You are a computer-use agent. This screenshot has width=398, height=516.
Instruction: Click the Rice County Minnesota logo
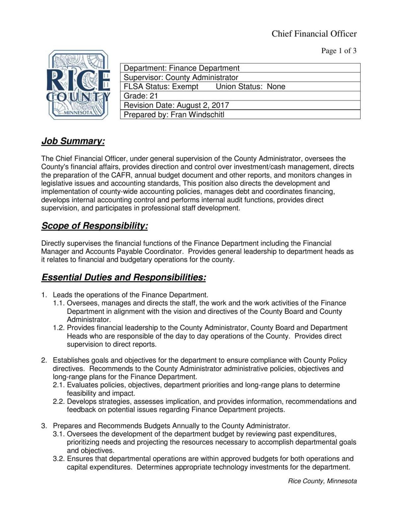[79, 85]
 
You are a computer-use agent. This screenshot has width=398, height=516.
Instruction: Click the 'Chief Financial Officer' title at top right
[314, 34]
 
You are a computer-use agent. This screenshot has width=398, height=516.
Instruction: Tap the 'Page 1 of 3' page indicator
[339, 51]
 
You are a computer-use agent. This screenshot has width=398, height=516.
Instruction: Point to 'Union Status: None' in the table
[250, 87]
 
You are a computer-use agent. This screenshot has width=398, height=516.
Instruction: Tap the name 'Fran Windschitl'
[197, 115]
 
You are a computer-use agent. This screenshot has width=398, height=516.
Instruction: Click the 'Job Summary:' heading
[73, 141]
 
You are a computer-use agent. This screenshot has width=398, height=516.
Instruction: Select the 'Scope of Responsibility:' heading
[95, 226]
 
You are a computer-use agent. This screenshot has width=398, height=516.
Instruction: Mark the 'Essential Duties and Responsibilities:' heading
[124, 277]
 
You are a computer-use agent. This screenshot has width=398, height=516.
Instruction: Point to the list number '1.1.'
[59, 303]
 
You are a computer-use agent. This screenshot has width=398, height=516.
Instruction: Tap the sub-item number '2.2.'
[59, 401]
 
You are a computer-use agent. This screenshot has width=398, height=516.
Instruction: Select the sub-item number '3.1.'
[59, 434]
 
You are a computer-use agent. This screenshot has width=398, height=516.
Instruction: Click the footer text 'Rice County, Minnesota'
[322, 481]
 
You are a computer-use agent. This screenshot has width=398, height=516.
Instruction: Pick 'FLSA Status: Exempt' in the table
[161, 87]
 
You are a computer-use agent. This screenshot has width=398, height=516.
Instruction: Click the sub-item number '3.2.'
[59, 459]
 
